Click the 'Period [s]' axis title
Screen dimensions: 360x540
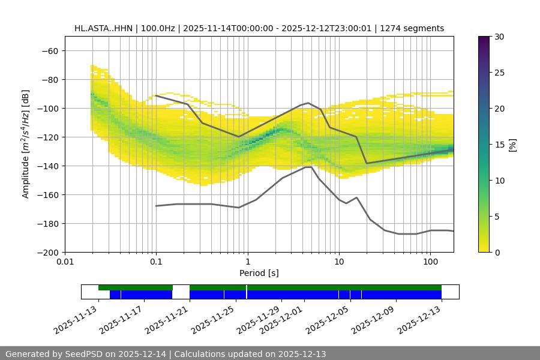(x=259, y=273)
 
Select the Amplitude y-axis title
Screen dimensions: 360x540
(x=26, y=144)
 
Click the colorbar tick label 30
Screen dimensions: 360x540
(x=499, y=37)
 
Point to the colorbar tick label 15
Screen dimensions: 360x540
(x=499, y=145)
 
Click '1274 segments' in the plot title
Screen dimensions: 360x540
(x=414, y=28)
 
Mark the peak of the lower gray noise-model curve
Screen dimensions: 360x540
(x=309, y=167)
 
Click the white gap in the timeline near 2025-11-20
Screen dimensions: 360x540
(x=181, y=292)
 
